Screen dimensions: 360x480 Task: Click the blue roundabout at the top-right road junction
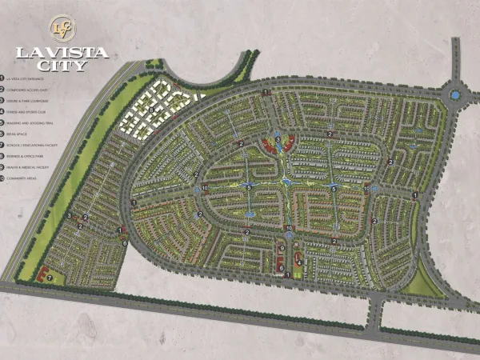pyautogui.click(x=454, y=95)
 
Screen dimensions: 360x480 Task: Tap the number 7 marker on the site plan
pyautogui.click(x=50, y=278)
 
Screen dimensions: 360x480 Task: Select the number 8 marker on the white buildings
pyautogui.click(x=152, y=109)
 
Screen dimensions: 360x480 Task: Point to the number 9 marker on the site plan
pyautogui.click(x=282, y=250)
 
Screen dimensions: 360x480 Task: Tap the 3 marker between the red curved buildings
pyautogui.click(x=278, y=139)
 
